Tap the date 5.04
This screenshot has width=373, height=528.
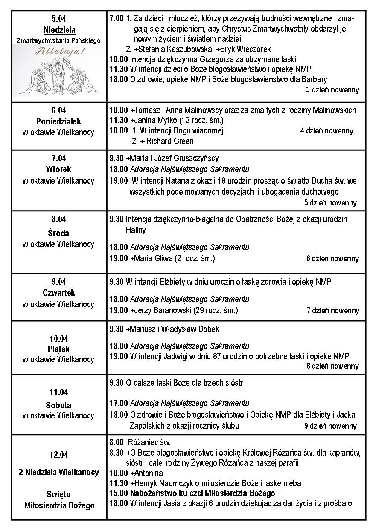[59, 19]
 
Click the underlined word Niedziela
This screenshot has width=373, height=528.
[59, 30]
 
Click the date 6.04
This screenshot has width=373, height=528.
[59, 110]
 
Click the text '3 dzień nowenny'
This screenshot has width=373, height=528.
[332, 90]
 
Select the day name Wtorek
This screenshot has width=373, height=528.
[59, 169]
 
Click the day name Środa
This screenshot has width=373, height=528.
[59, 233]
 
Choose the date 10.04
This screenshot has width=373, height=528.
[59, 339]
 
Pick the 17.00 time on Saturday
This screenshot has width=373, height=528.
[118, 403]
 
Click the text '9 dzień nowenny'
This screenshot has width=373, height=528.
[330, 426]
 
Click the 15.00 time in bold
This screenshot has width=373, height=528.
[118, 493]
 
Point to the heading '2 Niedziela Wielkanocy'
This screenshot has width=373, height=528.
[59, 472]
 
